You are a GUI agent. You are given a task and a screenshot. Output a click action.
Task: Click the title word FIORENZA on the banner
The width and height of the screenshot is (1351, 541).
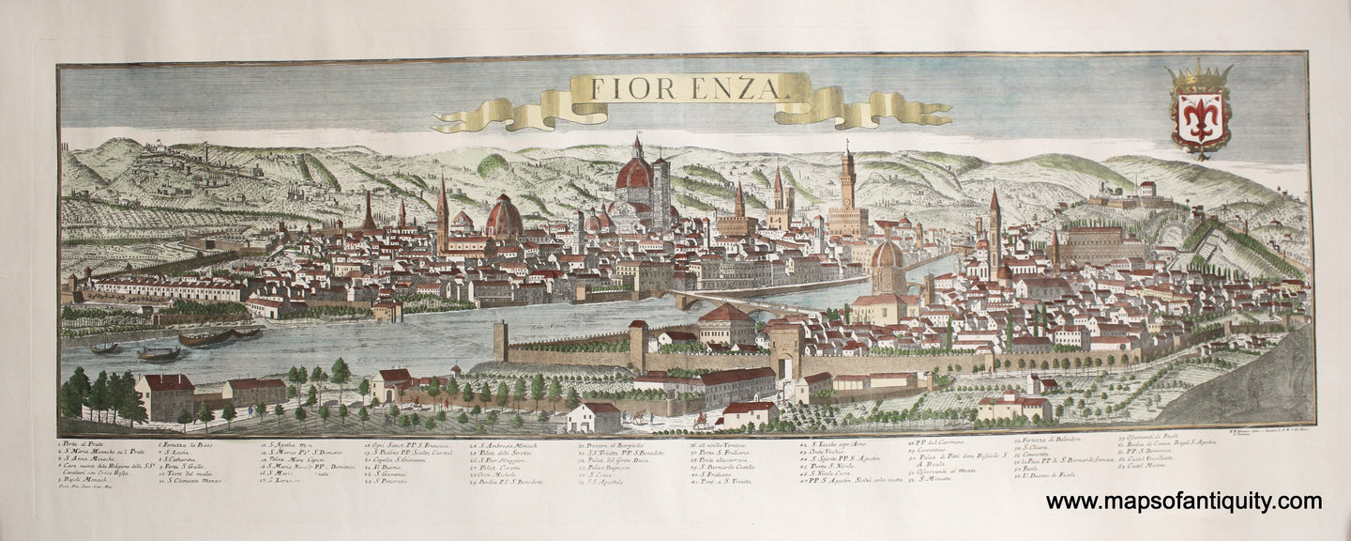click(674, 87)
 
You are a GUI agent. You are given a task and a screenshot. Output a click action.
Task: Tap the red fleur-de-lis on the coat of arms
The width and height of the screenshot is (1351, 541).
click(1199, 117)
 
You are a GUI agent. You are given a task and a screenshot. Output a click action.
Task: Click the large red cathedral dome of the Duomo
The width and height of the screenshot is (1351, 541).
click(634, 174)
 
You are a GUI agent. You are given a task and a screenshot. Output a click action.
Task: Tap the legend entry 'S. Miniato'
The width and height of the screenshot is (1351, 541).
click(934, 479)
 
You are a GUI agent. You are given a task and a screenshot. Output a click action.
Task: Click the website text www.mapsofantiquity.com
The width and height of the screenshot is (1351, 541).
click(1183, 502)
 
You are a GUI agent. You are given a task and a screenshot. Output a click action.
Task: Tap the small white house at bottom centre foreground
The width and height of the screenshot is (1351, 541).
click(594, 419)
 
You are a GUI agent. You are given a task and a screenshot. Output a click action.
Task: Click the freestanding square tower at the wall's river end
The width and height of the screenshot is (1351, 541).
click(500, 341)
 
